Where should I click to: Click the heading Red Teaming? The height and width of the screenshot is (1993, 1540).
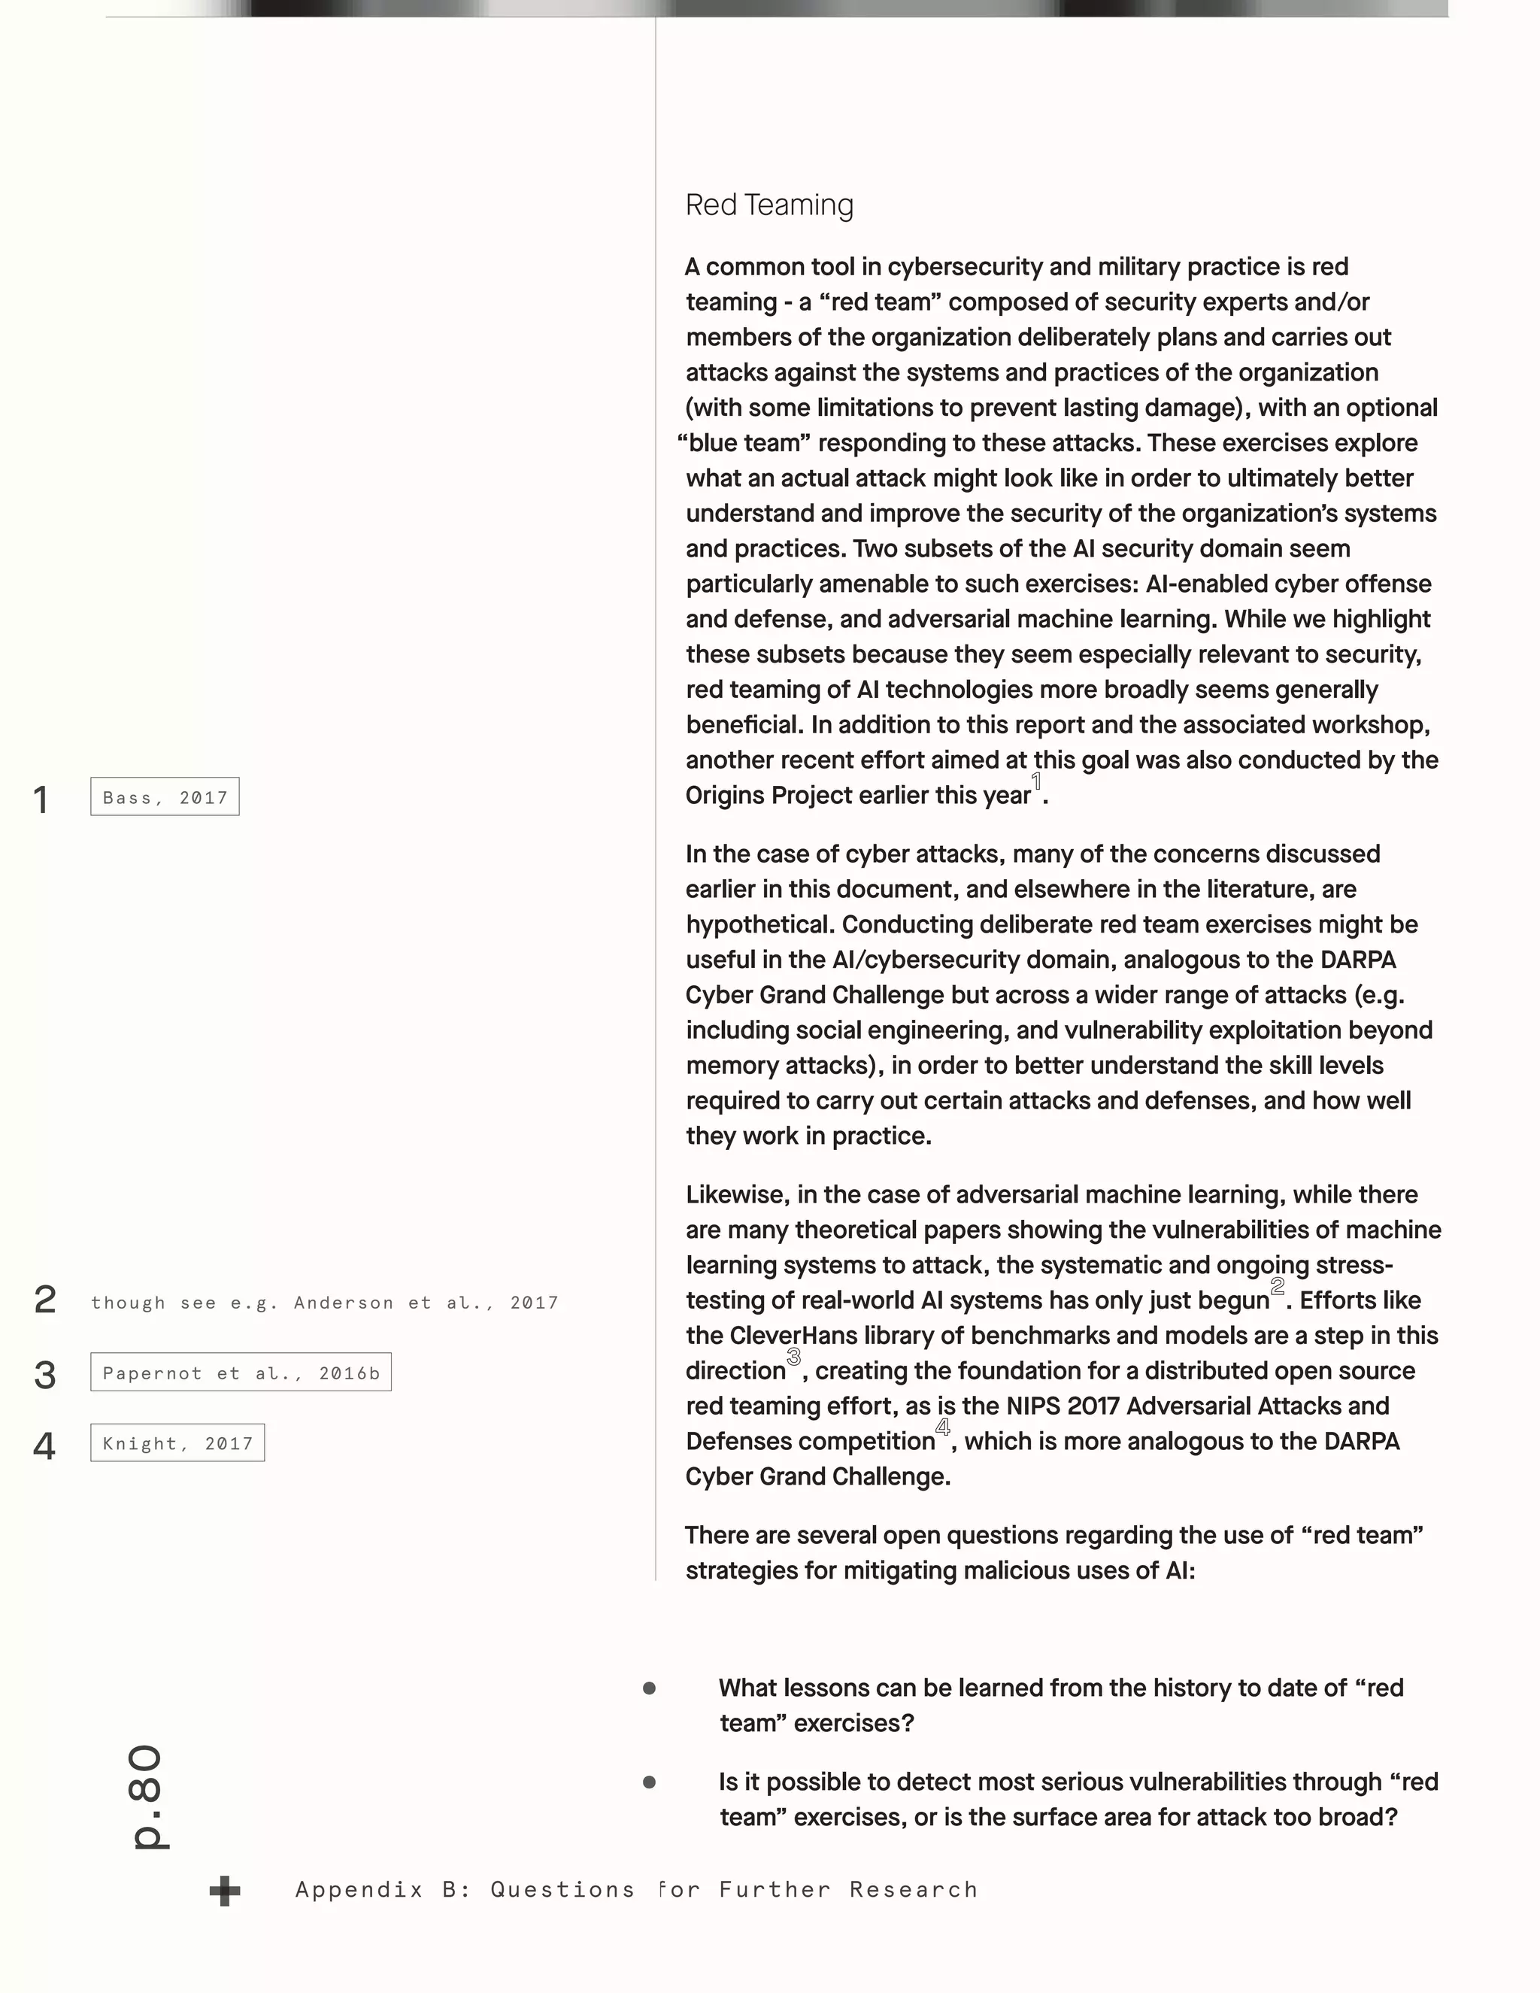coord(769,205)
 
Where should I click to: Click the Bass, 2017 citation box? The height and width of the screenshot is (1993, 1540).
coord(165,797)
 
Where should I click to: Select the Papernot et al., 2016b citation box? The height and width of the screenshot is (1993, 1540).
coord(241,1373)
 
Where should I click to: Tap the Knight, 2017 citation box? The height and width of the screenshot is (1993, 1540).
coord(178,1442)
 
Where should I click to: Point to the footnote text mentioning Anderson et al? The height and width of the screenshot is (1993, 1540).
coord(325,1302)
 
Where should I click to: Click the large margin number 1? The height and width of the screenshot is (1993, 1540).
coord(41,800)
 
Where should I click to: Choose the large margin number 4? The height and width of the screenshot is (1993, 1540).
coord(44,1446)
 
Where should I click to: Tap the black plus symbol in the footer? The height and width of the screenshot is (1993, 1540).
coord(224,1891)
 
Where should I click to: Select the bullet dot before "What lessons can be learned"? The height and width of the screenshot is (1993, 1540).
coord(650,1689)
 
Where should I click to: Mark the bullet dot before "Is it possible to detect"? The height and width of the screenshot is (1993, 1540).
coord(650,1782)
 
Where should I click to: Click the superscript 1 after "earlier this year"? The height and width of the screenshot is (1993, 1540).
coord(1036,782)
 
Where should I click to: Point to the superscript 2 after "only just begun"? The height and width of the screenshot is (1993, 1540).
coord(1278,1287)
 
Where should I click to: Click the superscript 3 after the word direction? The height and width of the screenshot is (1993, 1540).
coord(794,1357)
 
